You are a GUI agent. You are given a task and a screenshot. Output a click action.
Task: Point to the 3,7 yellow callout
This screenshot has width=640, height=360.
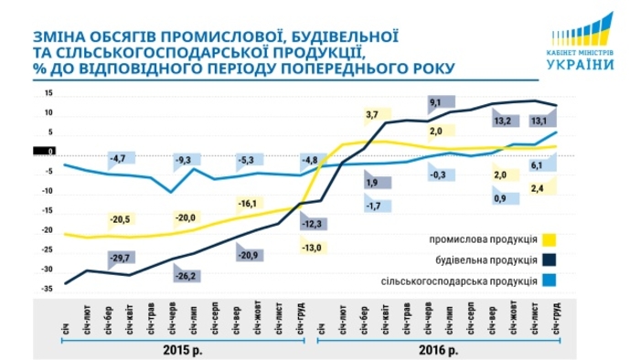[x=371, y=114]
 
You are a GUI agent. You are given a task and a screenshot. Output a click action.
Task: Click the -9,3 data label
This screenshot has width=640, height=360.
[x=184, y=161]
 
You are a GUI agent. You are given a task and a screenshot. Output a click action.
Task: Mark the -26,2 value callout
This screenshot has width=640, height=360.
[x=186, y=274]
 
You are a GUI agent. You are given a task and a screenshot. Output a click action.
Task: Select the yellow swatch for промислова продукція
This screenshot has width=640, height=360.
[x=549, y=240]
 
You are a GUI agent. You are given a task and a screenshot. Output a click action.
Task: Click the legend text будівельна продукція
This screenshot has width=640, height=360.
[x=485, y=259]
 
